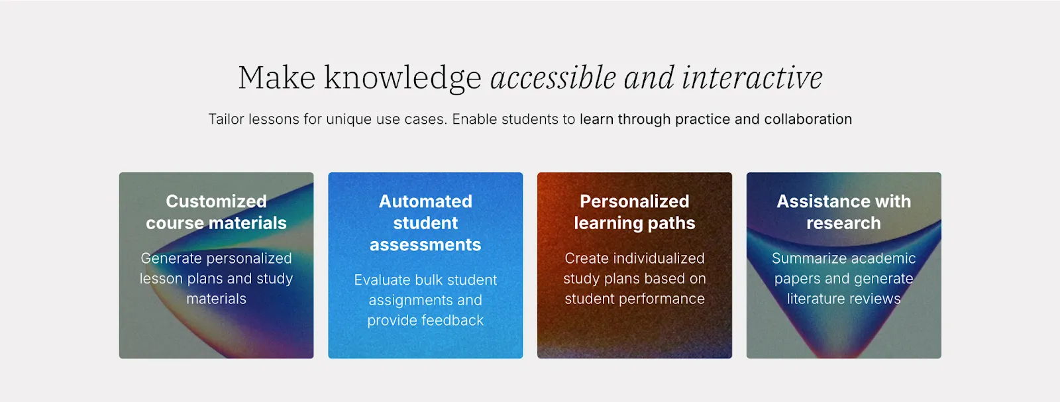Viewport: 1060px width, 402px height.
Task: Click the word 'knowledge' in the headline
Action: (x=402, y=78)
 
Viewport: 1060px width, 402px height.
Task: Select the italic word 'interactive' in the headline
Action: (x=752, y=78)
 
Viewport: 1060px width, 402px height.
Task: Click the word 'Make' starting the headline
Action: (x=276, y=78)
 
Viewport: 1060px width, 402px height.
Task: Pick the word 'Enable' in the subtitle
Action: (x=474, y=119)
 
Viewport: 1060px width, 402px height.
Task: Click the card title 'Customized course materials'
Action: (x=216, y=212)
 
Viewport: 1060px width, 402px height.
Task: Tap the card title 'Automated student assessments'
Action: (x=425, y=223)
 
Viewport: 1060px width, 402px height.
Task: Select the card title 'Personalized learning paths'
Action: (x=635, y=212)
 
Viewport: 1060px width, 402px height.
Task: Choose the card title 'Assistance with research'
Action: (x=843, y=212)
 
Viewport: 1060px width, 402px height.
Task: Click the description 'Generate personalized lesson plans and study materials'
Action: (x=216, y=278)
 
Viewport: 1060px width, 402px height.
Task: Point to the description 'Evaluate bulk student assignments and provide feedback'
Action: (x=425, y=300)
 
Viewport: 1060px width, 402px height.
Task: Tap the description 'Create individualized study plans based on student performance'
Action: (x=635, y=278)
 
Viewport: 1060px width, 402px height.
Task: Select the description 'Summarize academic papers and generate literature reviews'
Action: (x=843, y=278)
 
